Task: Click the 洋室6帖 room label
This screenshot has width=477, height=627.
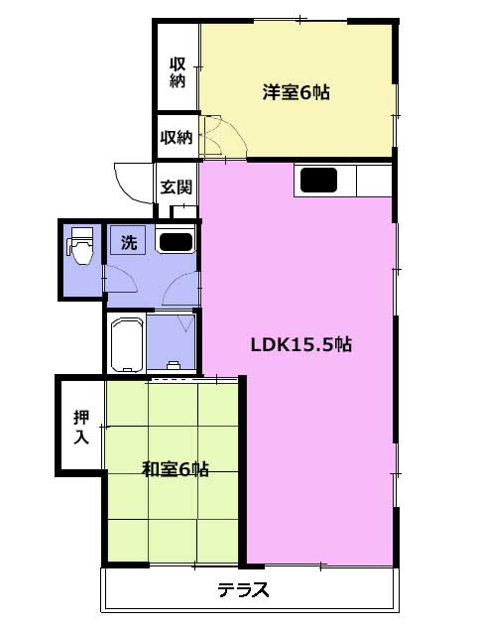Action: pyautogui.click(x=296, y=93)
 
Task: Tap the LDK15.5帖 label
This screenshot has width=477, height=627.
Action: pyautogui.click(x=301, y=344)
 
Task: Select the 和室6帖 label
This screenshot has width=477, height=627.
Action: pyautogui.click(x=176, y=468)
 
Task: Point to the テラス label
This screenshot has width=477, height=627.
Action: pyautogui.click(x=243, y=590)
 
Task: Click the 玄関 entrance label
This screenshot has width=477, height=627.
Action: pyautogui.click(x=177, y=187)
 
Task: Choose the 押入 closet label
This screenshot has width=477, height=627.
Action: pyautogui.click(x=81, y=428)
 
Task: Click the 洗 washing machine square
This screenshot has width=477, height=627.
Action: pyautogui.click(x=128, y=240)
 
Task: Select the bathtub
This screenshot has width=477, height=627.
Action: pyautogui.click(x=127, y=344)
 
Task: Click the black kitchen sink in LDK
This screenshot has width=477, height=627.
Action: pyautogui.click(x=318, y=180)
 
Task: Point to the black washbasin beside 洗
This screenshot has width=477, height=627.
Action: pyautogui.click(x=176, y=242)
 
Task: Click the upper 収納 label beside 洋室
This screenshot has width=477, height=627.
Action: pyautogui.click(x=178, y=72)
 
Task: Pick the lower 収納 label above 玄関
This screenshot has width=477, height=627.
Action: pyautogui.click(x=177, y=138)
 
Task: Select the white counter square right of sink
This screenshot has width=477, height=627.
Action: pyautogui.click(x=374, y=181)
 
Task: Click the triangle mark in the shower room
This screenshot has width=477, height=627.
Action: pyautogui.click(x=186, y=323)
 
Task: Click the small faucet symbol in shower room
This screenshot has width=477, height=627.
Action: pyautogui.click(x=173, y=365)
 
